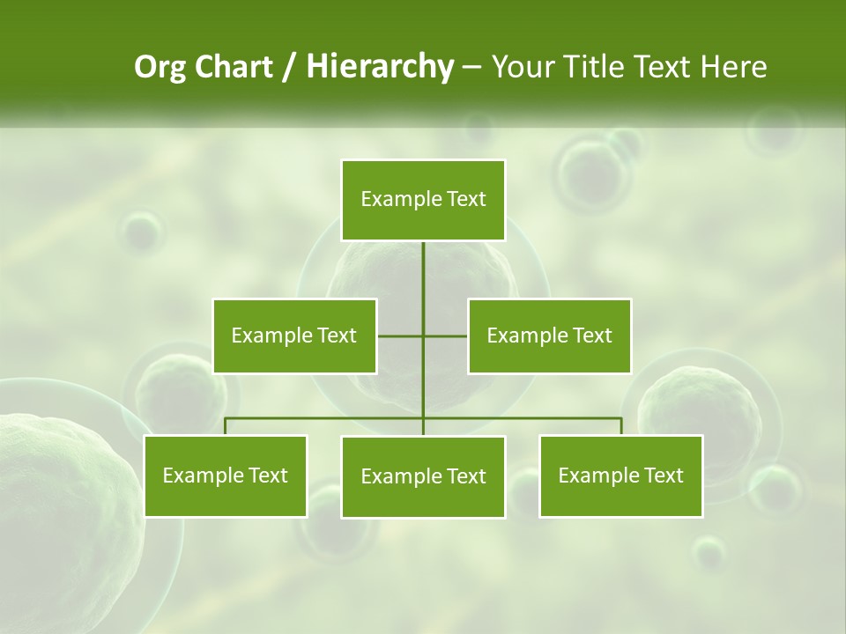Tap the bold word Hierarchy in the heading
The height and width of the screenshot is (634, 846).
(379, 67)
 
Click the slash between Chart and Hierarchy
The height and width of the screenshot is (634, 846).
(289, 68)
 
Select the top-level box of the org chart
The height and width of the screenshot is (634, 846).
(423, 200)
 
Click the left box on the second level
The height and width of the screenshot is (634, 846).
(294, 335)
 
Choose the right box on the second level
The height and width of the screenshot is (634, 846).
(549, 335)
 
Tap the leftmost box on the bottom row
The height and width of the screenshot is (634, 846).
(225, 475)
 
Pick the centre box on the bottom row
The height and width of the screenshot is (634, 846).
(423, 476)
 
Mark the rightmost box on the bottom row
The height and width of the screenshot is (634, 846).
(620, 475)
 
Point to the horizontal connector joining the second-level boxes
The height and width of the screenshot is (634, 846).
(401, 335)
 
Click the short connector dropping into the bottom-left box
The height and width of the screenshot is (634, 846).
(225, 426)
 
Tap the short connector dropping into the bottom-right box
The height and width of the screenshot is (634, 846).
(621, 426)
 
